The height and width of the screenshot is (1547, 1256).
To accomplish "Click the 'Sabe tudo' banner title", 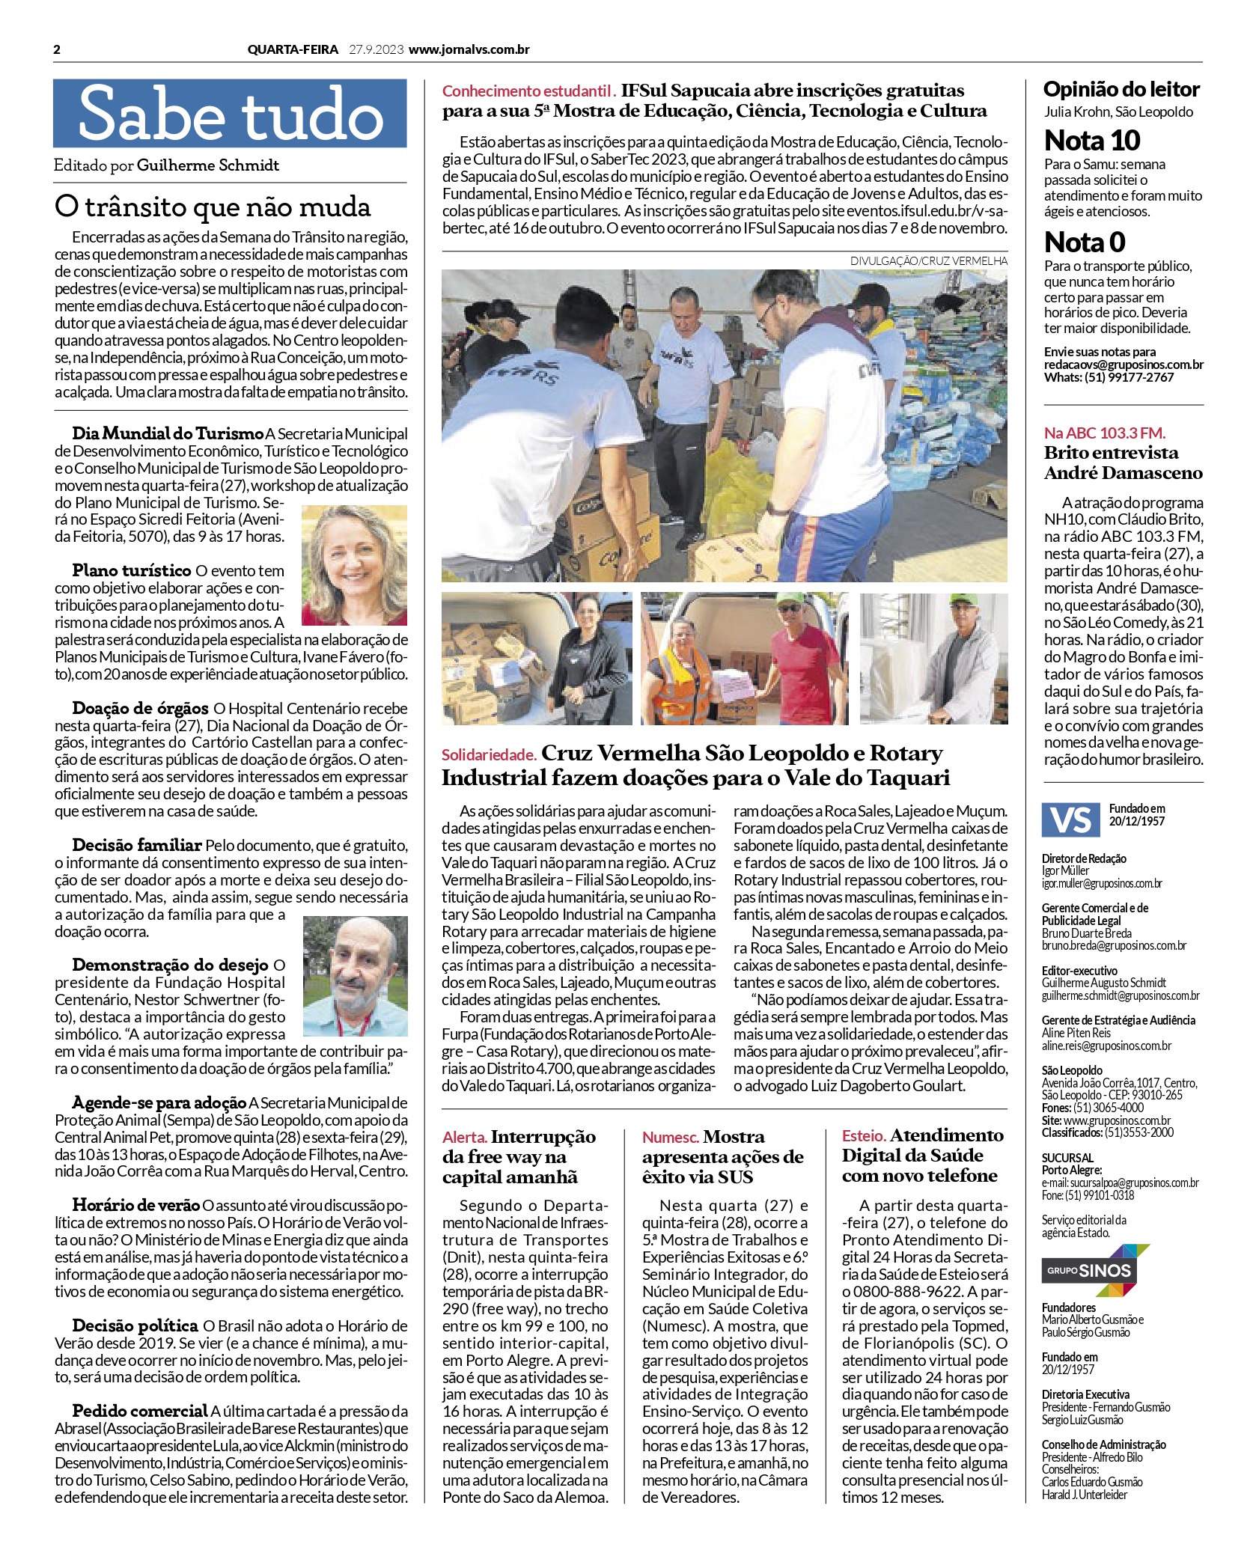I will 230,114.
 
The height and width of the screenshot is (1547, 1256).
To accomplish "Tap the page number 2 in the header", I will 58,50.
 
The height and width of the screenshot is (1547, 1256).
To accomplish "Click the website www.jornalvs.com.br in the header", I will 469,50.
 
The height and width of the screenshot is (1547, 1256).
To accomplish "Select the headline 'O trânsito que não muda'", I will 213,207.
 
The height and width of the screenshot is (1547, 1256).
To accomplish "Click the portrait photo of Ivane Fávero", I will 354,564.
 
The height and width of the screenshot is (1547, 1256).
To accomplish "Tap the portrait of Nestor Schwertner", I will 355,975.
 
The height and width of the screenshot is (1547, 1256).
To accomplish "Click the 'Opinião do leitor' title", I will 1121,90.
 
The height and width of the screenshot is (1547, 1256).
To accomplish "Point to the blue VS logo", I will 1070,820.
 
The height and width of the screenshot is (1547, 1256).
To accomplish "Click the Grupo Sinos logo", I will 1095,1270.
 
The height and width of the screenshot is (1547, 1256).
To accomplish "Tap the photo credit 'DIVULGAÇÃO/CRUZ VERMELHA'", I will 928,261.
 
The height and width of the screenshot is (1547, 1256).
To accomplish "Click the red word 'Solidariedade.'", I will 489,755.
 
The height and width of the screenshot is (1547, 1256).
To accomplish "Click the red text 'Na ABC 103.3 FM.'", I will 1104,433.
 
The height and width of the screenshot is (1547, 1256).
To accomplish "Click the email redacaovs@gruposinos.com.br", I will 1124,364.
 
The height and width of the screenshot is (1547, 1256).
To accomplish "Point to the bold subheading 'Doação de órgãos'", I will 141,708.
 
